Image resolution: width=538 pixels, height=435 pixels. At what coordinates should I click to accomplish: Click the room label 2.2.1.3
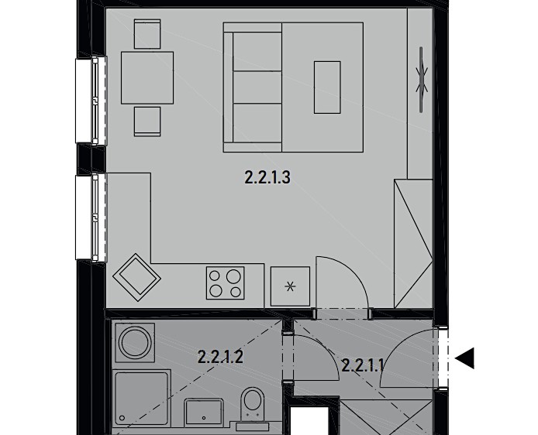267,178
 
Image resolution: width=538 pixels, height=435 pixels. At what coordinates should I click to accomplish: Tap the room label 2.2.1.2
221,357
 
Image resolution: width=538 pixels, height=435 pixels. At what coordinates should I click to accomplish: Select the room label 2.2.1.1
363,366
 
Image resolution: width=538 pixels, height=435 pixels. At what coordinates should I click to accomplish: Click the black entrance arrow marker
464,358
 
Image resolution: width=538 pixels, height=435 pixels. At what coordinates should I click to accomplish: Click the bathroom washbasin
204,412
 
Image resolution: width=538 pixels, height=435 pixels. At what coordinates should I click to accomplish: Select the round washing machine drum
135,343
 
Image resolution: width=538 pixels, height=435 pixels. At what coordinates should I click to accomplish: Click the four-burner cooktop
226,283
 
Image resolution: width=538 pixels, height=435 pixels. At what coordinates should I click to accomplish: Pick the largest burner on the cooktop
233,276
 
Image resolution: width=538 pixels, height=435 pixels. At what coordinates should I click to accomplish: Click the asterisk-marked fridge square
290,286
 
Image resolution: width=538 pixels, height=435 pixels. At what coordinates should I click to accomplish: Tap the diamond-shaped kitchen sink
137,277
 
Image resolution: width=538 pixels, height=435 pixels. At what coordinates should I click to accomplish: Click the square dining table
147,77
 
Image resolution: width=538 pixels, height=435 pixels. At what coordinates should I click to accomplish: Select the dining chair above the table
147,34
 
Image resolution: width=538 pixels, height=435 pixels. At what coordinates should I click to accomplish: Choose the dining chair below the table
147,122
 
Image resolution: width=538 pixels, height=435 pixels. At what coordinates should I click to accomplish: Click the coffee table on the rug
327,87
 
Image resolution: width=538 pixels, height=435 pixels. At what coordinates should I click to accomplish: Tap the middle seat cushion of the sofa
257,87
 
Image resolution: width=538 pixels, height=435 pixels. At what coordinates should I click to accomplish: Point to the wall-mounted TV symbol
422,80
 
